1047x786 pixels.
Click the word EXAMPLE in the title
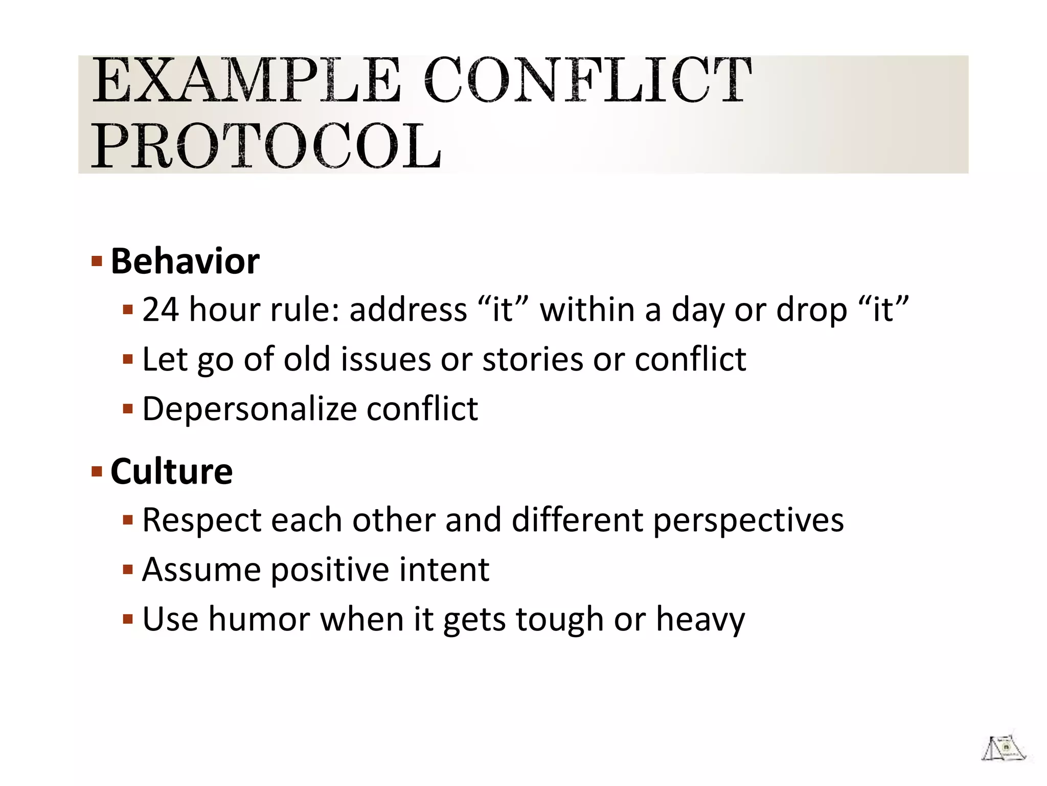tap(245, 81)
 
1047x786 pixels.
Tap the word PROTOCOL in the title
tap(266, 146)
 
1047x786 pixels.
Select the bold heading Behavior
tap(185, 261)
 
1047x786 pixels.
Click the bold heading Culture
tap(172, 471)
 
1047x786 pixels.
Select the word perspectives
tap(748, 521)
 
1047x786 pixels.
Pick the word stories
tap(532, 359)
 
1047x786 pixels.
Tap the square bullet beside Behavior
tap(97, 262)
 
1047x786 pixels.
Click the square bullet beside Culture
tap(97, 471)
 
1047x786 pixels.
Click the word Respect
tap(201, 520)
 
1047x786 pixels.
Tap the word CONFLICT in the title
tap(588, 81)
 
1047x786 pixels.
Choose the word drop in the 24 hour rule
tap(811, 311)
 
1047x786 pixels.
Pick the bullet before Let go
tap(128, 359)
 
